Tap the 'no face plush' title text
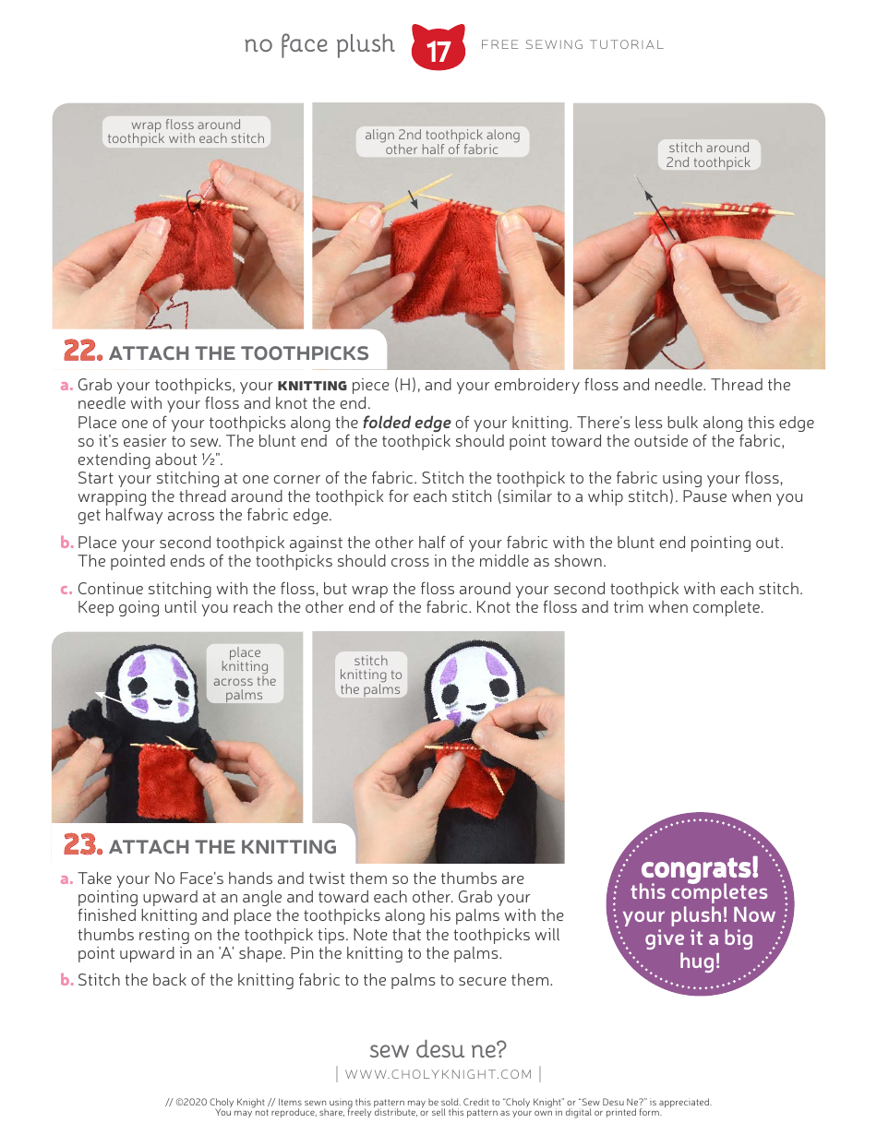tap(319, 44)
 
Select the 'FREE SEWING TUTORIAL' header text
tap(572, 44)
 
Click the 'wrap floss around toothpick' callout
tap(186, 132)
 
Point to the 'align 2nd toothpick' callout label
tap(442, 142)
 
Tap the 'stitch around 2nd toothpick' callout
tap(709, 155)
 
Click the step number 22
tap(81, 352)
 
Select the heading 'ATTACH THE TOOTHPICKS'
tap(238, 353)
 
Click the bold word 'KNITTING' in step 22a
tap(312, 385)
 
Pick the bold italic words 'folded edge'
tap(406, 423)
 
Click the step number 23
tap(81, 845)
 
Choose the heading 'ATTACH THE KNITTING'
tap(222, 847)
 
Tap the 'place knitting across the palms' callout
tap(245, 674)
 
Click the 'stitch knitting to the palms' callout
tap(370, 675)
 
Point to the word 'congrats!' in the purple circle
tap(700, 867)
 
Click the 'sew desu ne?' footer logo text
tap(438, 1049)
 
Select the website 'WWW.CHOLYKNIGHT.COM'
tap(438, 1074)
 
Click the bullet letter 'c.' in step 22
tap(66, 589)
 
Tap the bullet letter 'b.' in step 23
tap(66, 980)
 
